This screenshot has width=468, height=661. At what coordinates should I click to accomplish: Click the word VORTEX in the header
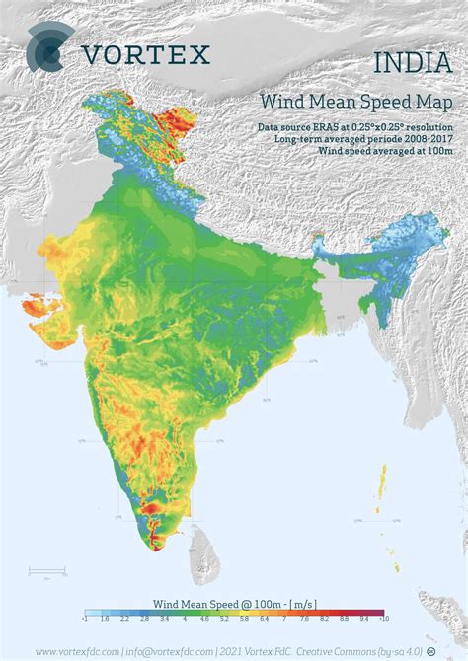pyautogui.click(x=146, y=54)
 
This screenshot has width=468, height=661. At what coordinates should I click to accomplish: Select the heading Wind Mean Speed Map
pyautogui.click(x=356, y=103)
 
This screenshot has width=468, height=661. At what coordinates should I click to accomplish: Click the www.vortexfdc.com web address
pyautogui.click(x=79, y=651)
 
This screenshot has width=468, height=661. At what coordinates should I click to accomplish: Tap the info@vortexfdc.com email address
pyautogui.click(x=173, y=651)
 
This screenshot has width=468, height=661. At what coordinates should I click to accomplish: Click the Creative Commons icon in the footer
pyautogui.click(x=431, y=651)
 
